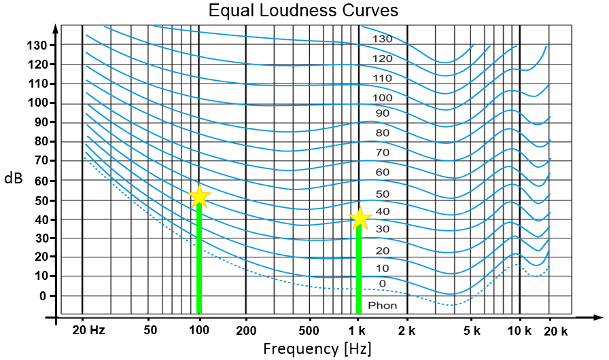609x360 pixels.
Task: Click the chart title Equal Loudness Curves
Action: (303, 11)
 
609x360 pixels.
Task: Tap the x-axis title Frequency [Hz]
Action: (317, 348)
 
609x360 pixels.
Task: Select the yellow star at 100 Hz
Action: (200, 196)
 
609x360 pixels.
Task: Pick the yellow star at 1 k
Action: (360, 219)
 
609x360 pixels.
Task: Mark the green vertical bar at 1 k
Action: (359, 272)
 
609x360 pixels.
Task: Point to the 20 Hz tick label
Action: (89, 330)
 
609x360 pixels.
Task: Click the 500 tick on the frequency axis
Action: (309, 330)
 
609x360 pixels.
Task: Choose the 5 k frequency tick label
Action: (472, 330)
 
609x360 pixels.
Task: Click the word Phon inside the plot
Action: (383, 306)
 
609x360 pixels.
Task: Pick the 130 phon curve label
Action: (383, 39)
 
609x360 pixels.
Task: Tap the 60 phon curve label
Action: (383, 172)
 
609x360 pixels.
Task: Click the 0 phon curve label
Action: (383, 283)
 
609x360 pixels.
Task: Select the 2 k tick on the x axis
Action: (406, 330)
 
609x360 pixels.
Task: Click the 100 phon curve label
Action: (383, 98)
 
